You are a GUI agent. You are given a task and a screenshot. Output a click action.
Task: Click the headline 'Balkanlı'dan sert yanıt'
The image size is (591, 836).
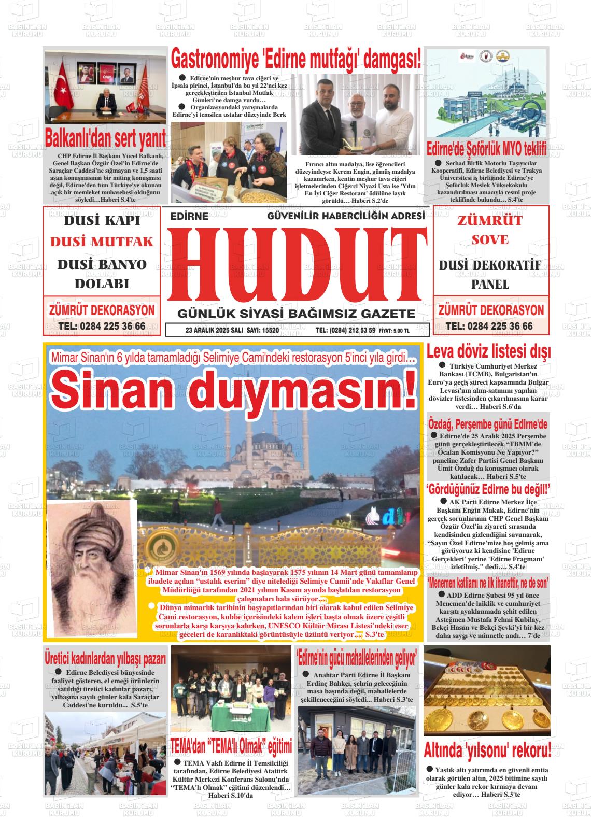point(106,138)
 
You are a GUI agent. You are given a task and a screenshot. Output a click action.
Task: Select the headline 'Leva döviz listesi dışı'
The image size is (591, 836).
point(488,351)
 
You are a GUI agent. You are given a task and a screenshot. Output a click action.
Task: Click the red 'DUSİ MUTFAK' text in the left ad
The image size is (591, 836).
point(102,242)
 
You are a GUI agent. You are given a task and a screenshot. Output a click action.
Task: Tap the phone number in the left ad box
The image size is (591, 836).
point(102,326)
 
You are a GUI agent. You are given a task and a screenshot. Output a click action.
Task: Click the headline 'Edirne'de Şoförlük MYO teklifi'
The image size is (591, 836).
point(486,149)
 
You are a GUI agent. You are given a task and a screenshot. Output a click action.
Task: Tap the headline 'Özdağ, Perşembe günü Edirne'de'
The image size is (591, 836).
point(487,424)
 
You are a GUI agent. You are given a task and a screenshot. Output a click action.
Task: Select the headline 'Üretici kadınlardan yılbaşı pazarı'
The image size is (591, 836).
point(105,658)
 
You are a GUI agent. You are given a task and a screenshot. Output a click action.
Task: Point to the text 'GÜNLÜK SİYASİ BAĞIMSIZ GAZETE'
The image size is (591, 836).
point(296,314)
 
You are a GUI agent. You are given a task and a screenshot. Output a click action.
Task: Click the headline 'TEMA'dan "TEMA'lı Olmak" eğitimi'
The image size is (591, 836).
point(231,746)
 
